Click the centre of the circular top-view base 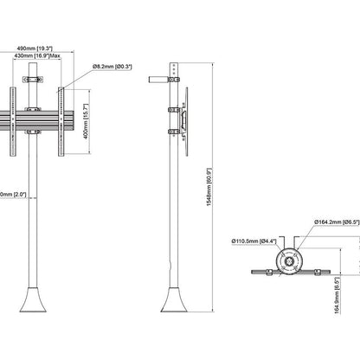coord(288,260)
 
